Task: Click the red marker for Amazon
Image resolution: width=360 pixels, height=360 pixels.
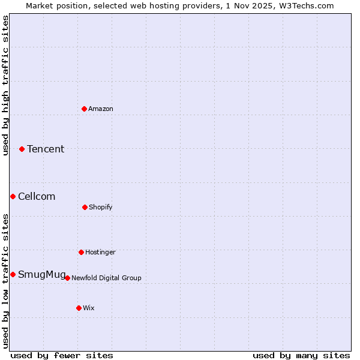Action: tap(84, 109)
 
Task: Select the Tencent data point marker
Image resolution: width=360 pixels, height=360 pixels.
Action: tap(22, 149)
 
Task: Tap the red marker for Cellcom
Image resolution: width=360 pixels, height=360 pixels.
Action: tap(13, 196)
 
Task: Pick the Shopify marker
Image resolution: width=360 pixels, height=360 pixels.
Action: tap(85, 207)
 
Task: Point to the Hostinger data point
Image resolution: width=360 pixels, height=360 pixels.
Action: tap(81, 252)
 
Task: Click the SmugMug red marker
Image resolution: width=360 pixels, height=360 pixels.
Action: tap(13, 274)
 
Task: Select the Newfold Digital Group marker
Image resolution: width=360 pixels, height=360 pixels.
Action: tap(67, 278)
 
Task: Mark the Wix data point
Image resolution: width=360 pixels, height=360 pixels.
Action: tap(79, 308)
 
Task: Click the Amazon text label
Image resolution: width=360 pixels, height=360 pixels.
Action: tap(101, 109)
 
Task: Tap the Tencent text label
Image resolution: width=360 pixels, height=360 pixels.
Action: tap(46, 149)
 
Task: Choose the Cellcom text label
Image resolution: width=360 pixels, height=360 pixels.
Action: tap(37, 196)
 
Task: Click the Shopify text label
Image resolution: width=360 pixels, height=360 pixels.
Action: tap(101, 207)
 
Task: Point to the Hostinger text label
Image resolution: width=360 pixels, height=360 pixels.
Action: tap(100, 252)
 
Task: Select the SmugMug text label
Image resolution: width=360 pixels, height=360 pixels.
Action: tap(41, 274)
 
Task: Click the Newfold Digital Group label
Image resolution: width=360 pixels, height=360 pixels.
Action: tap(106, 278)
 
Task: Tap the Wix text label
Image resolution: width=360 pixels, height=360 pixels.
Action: tap(89, 308)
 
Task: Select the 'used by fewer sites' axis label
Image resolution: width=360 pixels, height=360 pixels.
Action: tap(62, 355)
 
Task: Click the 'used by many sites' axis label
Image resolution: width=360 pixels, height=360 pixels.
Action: tap(301, 355)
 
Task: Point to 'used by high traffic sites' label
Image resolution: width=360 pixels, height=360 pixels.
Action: tap(5, 85)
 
